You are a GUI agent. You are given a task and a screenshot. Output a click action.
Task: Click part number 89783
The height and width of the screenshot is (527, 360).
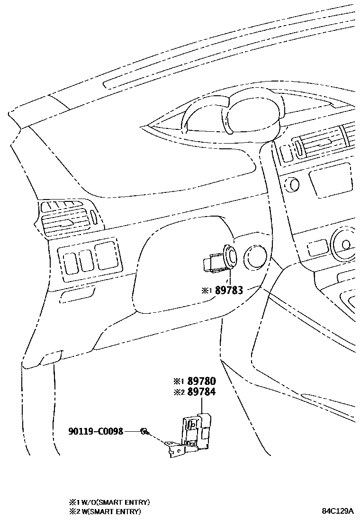[x=229, y=290]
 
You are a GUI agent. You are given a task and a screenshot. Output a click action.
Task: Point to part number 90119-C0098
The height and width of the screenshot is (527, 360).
[x=96, y=431]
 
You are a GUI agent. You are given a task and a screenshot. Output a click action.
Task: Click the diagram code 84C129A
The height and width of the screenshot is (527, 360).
[x=338, y=511]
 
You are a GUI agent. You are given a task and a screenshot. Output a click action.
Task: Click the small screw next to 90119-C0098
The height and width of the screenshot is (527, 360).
[x=144, y=431]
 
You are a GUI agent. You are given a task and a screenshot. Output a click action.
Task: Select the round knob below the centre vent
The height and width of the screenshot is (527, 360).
[x=291, y=184]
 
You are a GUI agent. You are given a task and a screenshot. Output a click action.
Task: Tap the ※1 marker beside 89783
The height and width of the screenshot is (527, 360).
[x=206, y=291]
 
